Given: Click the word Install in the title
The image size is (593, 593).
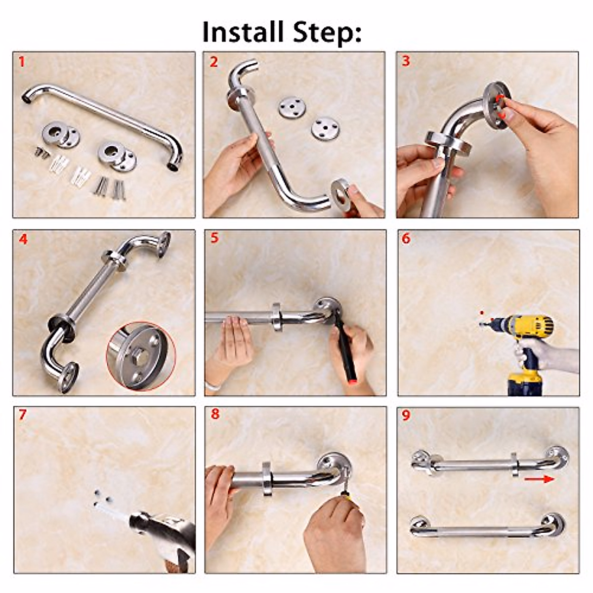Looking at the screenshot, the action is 243,32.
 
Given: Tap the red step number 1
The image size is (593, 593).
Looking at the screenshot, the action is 21,62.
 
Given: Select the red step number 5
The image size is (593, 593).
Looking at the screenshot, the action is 214,238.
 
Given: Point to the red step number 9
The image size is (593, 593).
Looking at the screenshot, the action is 406,415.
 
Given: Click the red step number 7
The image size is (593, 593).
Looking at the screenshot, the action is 22,415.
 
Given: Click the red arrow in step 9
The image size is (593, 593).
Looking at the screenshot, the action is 539,479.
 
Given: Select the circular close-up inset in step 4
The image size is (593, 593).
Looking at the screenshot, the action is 141,356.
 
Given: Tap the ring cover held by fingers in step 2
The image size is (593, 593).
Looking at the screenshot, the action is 341,195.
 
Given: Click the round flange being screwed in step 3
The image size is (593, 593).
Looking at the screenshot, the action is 496,106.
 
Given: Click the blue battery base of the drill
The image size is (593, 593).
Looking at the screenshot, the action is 525,384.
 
